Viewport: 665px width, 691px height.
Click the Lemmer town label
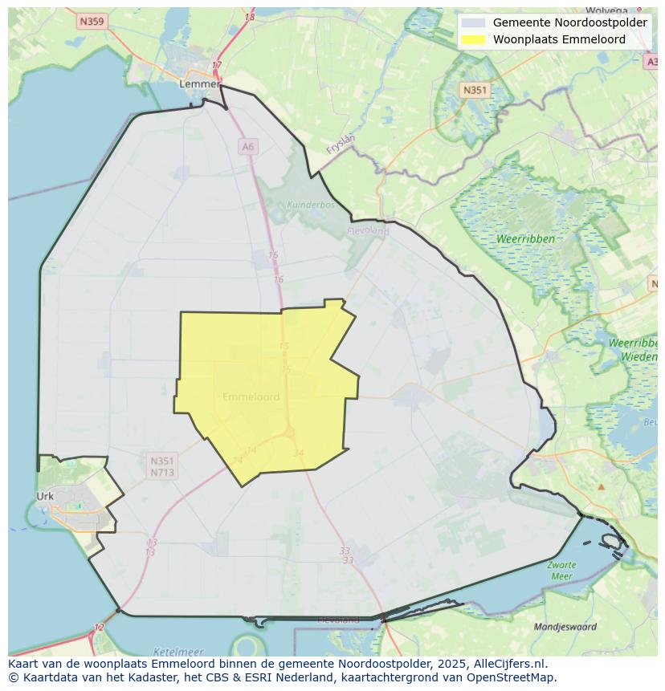tap(199, 83)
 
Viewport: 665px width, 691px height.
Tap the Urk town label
tap(45, 496)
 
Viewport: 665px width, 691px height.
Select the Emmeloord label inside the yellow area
tap(251, 396)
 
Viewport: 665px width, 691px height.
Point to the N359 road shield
tap(92, 22)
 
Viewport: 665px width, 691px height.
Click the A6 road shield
tap(247, 146)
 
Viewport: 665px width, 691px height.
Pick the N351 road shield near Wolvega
tap(475, 90)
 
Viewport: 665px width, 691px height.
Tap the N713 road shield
tap(161, 473)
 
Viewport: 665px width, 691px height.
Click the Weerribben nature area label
tap(524, 239)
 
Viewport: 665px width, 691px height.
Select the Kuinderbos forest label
tap(310, 205)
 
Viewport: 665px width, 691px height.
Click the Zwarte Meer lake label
tap(561, 571)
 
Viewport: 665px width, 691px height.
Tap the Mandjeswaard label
tap(565, 627)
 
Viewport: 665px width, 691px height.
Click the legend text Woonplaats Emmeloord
tap(559, 39)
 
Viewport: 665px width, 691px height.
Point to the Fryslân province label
tap(341, 144)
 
